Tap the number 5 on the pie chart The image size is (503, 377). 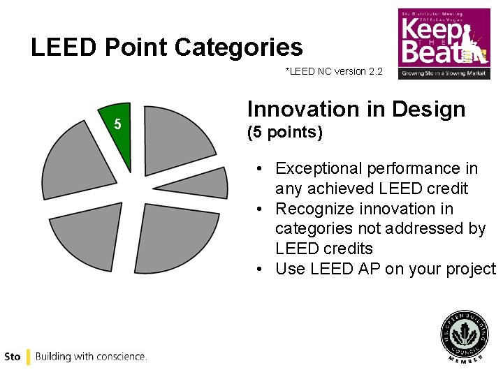point(117,124)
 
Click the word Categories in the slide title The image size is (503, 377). point(239,47)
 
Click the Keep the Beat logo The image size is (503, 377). point(444,43)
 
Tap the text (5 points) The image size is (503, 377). point(285,133)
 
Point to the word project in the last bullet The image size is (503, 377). point(470,269)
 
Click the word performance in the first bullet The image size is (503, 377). point(417,168)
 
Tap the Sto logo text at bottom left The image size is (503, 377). point(12,357)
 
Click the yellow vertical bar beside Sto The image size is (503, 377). point(28,357)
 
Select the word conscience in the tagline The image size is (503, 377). point(122,357)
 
